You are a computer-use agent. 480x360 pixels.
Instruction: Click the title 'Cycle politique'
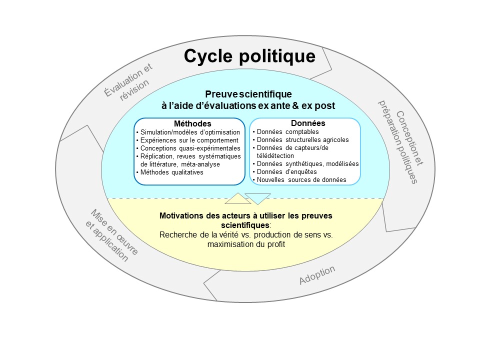pos(249,56)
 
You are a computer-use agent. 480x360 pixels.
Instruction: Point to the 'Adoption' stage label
pos(317,275)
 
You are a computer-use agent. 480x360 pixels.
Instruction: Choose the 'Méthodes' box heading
pos(192,123)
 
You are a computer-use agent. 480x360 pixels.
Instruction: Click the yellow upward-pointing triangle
pos(237,199)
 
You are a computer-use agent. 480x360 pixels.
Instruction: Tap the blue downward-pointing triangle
pos(258,198)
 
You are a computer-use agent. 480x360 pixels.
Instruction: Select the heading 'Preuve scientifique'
pos(248,94)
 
